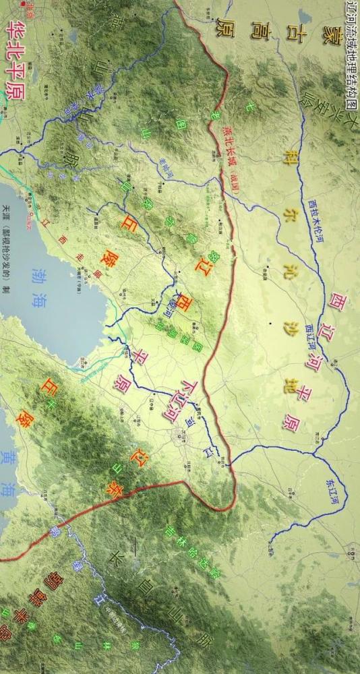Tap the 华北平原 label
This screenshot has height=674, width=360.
point(14,61)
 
